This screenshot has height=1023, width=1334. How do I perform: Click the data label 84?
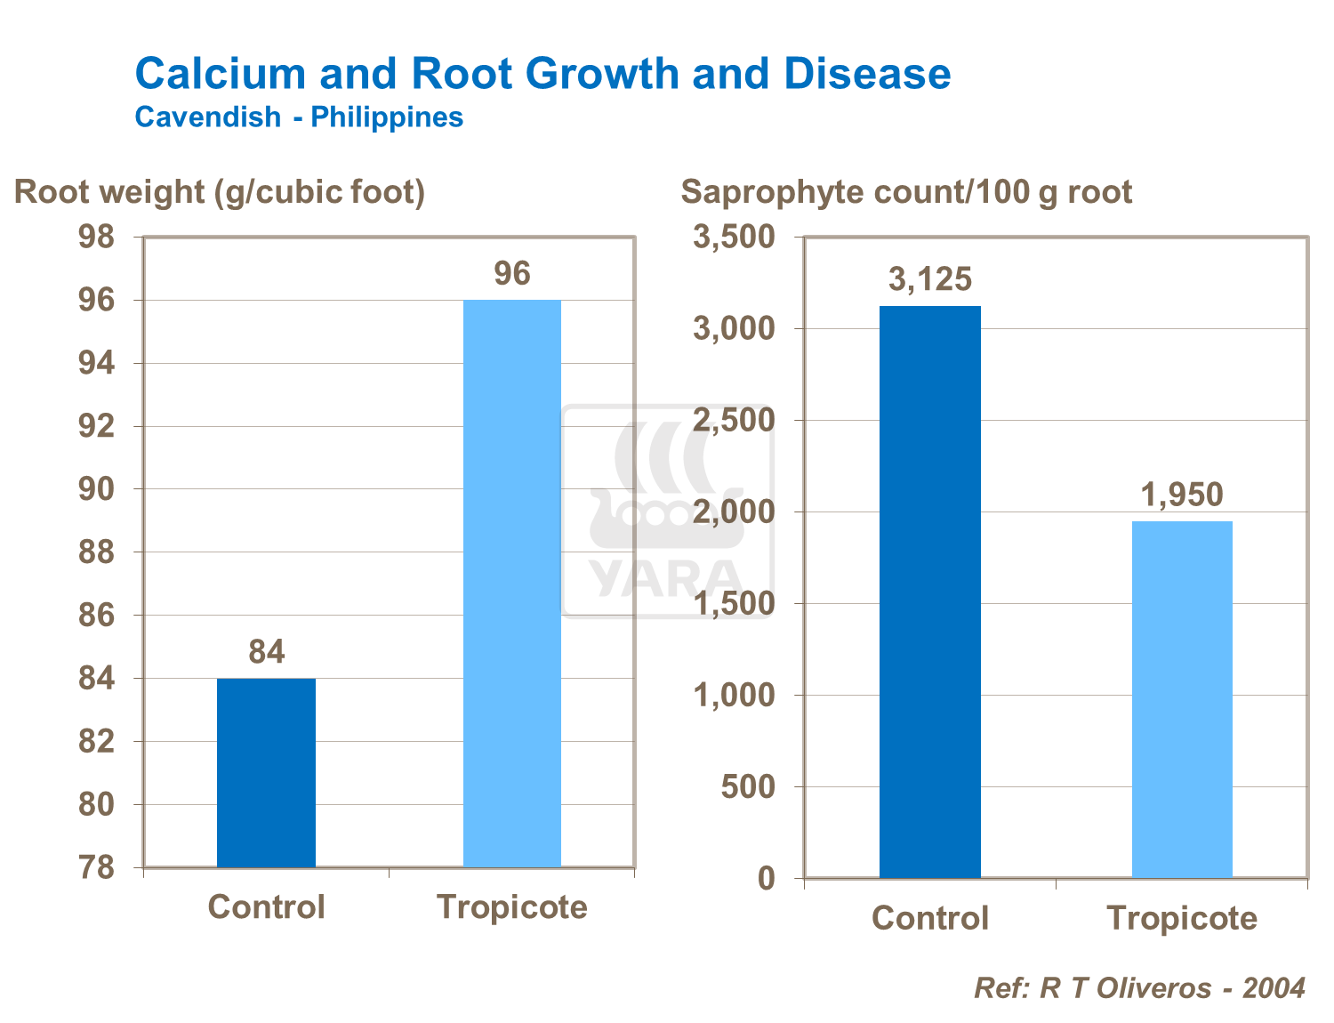(266, 652)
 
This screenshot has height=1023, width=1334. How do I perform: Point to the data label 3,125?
(930, 279)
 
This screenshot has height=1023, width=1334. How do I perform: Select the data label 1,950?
(1182, 495)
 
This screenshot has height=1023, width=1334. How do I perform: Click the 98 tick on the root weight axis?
(97, 238)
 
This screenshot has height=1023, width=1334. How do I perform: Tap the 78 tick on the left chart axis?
(97, 867)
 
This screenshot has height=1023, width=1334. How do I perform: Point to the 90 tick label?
(97, 489)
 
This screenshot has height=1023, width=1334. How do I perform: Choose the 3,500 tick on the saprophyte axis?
(735, 238)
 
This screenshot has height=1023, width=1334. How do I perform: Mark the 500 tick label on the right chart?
(748, 787)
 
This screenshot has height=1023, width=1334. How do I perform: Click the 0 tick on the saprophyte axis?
(767, 879)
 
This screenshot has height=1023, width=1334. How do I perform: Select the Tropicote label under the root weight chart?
(512, 907)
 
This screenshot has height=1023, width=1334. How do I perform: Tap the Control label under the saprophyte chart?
(930, 918)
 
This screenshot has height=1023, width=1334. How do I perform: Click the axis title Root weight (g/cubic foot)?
(220, 191)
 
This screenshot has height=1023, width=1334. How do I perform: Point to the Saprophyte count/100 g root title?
(906, 191)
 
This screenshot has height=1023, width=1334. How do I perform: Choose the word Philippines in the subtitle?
(387, 117)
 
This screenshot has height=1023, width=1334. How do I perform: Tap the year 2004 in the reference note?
(1274, 987)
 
